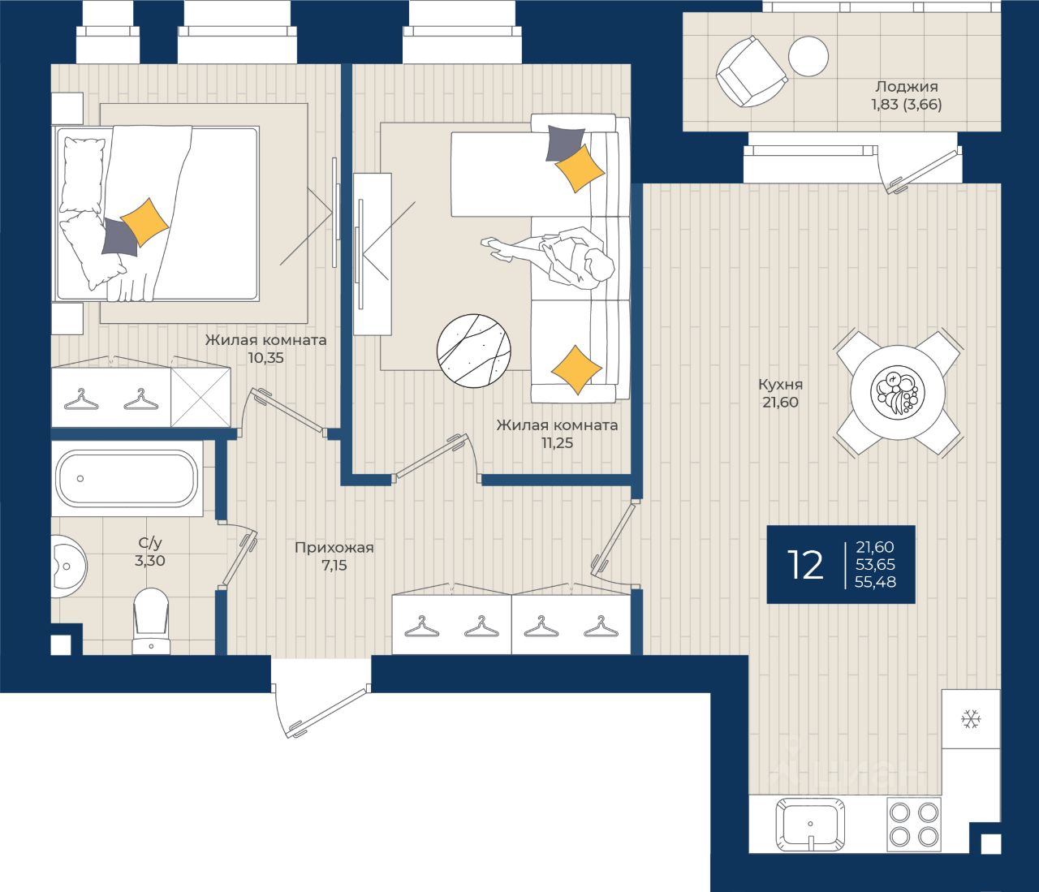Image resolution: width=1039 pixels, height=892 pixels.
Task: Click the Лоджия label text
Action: [x=907, y=86]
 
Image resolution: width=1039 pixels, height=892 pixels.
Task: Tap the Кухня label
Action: [x=781, y=385]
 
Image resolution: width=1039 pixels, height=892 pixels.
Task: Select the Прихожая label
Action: [x=334, y=547]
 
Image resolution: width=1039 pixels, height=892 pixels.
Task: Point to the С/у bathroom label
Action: [x=150, y=543]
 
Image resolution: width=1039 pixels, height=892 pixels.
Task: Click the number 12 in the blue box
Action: [x=805, y=564]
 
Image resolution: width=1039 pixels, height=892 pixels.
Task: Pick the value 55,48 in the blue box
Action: [x=875, y=582]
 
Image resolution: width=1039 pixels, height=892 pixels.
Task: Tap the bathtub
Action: [x=126, y=478]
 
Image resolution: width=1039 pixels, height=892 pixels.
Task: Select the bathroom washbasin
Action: [x=68, y=567]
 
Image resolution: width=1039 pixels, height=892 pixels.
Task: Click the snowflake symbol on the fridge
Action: [x=971, y=720]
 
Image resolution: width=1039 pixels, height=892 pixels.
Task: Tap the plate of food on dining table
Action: [x=897, y=390]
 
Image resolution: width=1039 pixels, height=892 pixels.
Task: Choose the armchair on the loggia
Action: [x=751, y=71]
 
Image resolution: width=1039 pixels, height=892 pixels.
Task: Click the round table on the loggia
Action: [x=808, y=57]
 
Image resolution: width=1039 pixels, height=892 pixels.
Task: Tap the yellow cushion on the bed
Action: [x=145, y=222]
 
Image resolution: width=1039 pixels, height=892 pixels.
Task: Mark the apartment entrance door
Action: [x=321, y=710]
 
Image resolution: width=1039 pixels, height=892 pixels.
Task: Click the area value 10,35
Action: [x=266, y=358]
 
